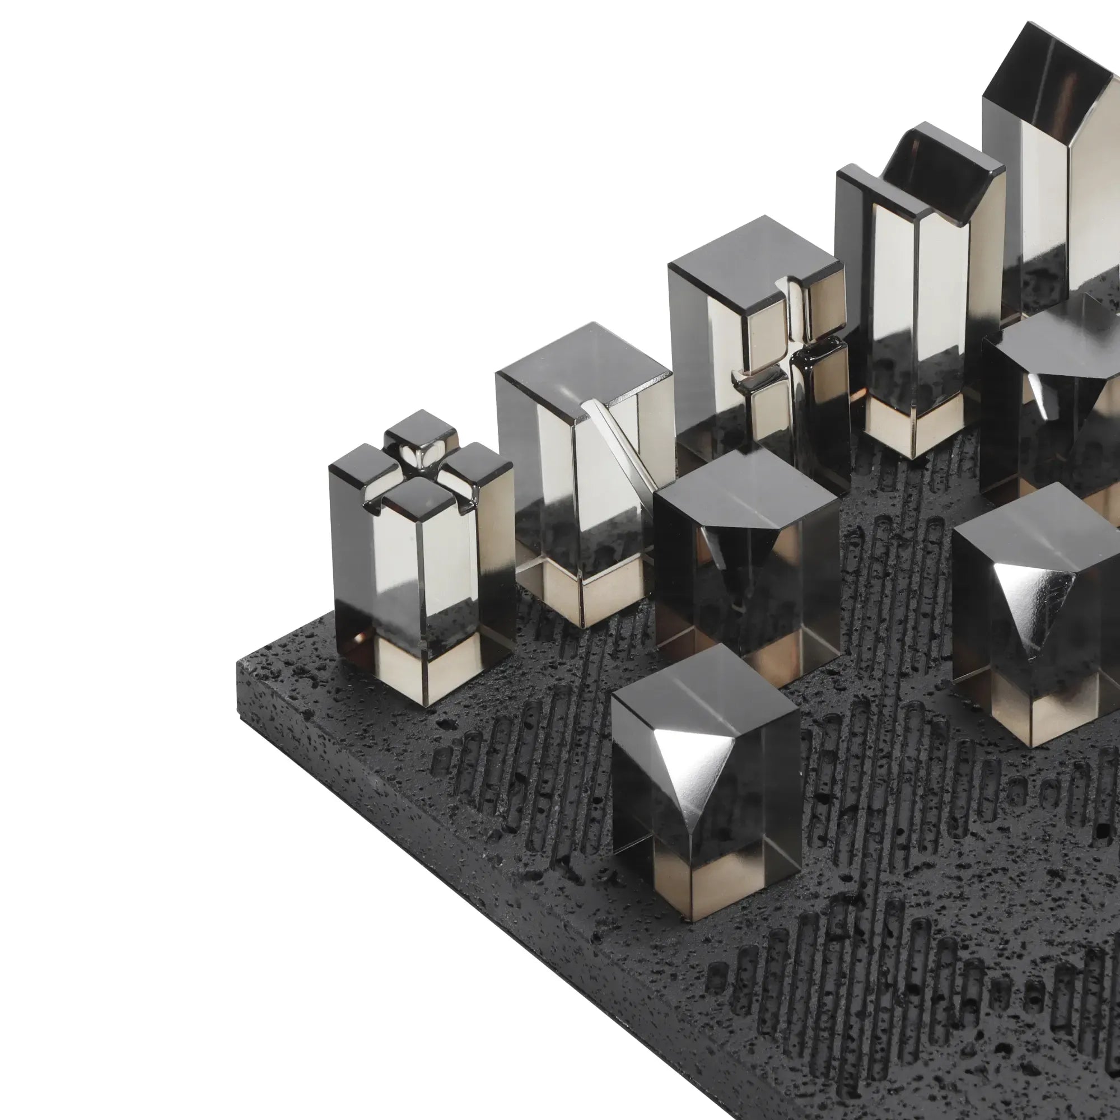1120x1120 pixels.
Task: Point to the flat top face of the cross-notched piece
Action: tap(754, 249)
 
